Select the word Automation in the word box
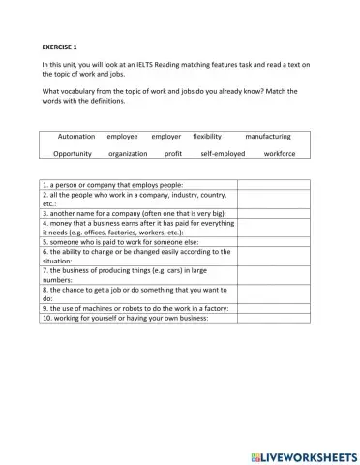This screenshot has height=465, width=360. (76, 137)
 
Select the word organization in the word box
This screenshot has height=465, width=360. (128, 153)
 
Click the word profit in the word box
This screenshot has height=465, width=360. (173, 153)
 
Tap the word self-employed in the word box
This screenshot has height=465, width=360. (222, 153)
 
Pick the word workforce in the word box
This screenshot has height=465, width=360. (280, 153)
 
